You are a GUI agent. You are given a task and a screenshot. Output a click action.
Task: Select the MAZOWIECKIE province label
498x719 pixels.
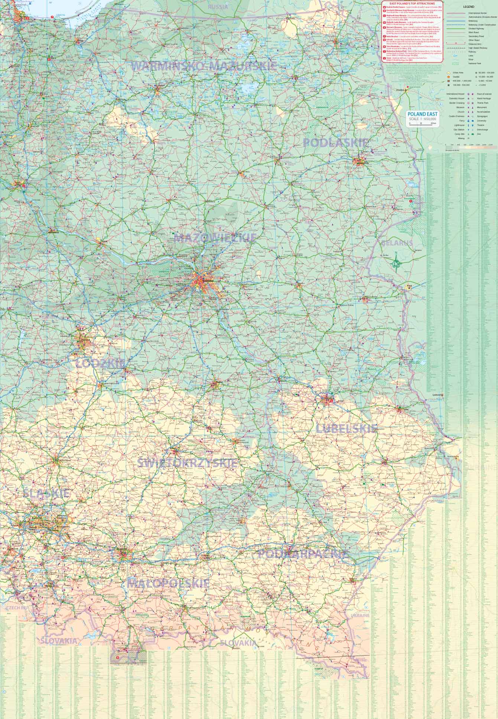pyautogui.click(x=215, y=238)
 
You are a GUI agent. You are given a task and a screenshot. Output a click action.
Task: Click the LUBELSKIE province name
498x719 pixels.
pyautogui.click(x=346, y=429)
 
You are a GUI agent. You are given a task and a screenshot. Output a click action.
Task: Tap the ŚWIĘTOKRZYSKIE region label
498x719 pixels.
pyautogui.click(x=188, y=463)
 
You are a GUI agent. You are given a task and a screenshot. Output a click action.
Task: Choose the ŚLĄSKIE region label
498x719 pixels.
pyautogui.click(x=46, y=493)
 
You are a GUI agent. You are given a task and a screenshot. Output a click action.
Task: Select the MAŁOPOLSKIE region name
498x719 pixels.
pyautogui.click(x=168, y=583)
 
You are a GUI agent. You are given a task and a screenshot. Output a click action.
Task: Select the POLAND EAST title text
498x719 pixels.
pyautogui.click(x=423, y=114)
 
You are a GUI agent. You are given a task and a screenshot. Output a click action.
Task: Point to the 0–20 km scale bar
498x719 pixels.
pyautogui.click(x=423, y=123)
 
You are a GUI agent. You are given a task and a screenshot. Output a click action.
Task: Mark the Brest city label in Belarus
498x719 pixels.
pyautogui.click(x=409, y=286)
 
